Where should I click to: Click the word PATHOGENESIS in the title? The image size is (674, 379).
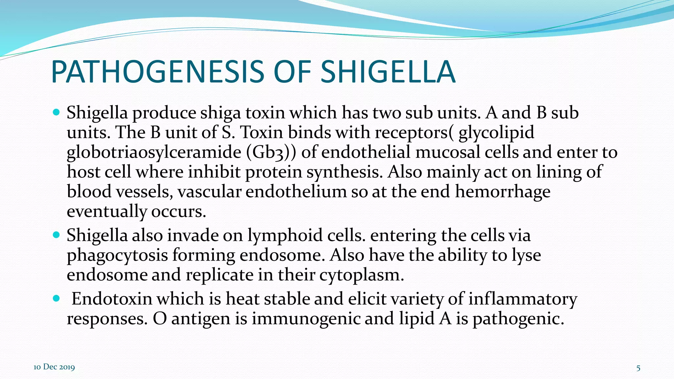[157, 72]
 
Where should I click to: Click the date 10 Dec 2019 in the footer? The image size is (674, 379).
[54, 367]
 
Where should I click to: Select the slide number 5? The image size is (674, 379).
[638, 368]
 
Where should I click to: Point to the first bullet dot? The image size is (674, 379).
[56, 113]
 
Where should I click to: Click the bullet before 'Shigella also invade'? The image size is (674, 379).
[56, 235]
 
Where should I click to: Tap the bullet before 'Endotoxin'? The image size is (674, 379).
[56, 298]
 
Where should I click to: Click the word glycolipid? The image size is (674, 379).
[496, 133]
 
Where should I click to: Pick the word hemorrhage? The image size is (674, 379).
[503, 191]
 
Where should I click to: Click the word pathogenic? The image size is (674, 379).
[518, 318]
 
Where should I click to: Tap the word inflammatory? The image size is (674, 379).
[522, 299]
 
